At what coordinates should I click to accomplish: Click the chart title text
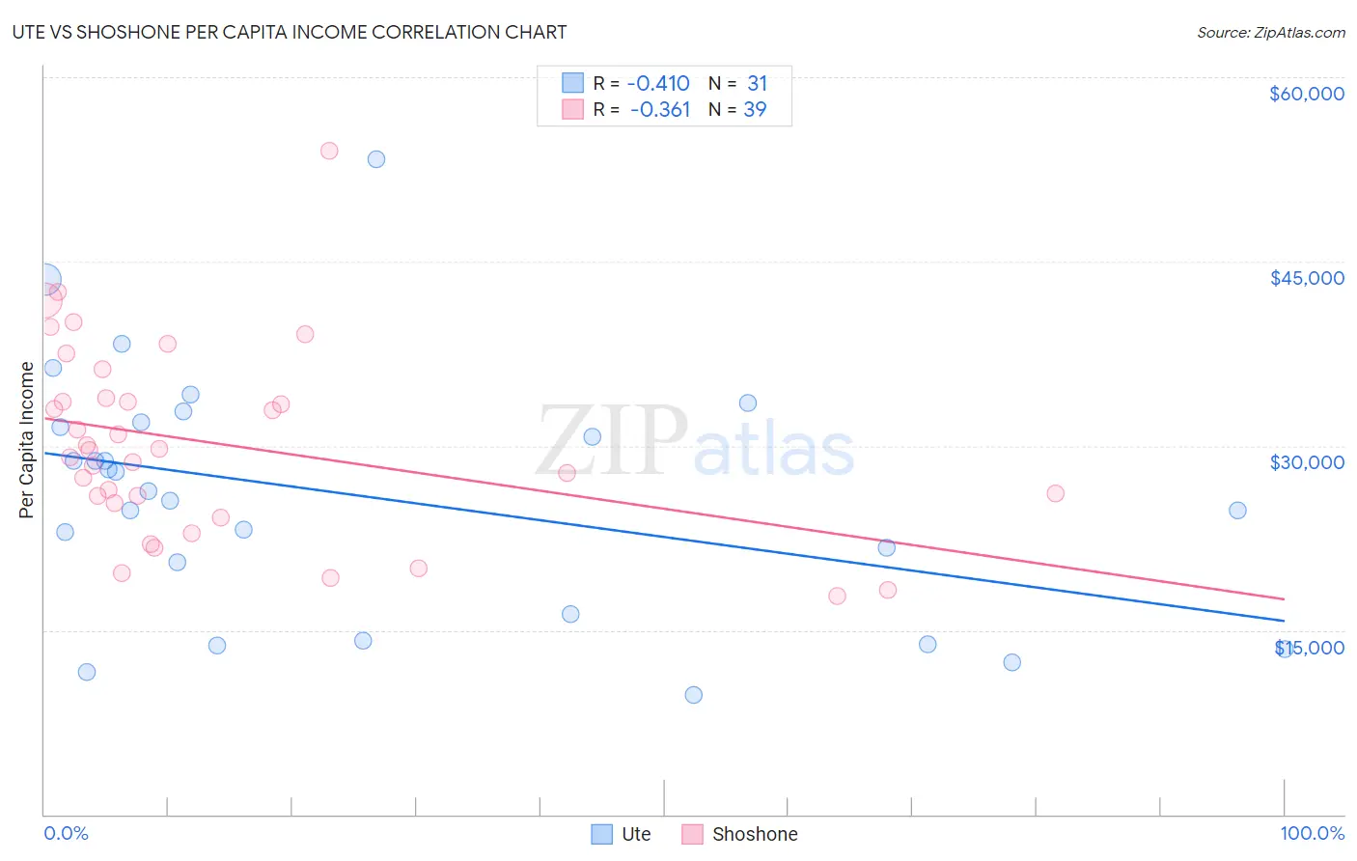(290, 32)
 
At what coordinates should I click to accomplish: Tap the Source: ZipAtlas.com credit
(1270, 32)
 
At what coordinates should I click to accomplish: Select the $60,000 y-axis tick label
(1306, 94)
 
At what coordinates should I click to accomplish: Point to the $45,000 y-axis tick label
(1306, 278)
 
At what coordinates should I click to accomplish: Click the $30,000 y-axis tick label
(1306, 462)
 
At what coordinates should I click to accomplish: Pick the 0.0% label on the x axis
(66, 833)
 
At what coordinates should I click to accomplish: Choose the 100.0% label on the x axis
(1312, 833)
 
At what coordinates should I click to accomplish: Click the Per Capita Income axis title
(27, 439)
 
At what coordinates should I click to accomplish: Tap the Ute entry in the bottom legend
(622, 834)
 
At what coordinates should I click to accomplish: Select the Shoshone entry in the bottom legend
(740, 834)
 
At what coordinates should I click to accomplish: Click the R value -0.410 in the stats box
(658, 83)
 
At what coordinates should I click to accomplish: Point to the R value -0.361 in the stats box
(660, 110)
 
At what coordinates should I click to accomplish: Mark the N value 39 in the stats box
(755, 110)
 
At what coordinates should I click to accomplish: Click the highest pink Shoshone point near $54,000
(329, 151)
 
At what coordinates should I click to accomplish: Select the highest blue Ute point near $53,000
(376, 159)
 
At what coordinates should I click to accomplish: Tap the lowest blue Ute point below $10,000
(693, 695)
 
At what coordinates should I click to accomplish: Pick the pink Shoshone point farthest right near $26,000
(1055, 493)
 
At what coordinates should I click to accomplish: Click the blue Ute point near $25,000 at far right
(1237, 511)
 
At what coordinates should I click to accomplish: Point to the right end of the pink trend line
(1284, 599)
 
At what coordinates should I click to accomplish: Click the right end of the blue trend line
(1284, 621)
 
